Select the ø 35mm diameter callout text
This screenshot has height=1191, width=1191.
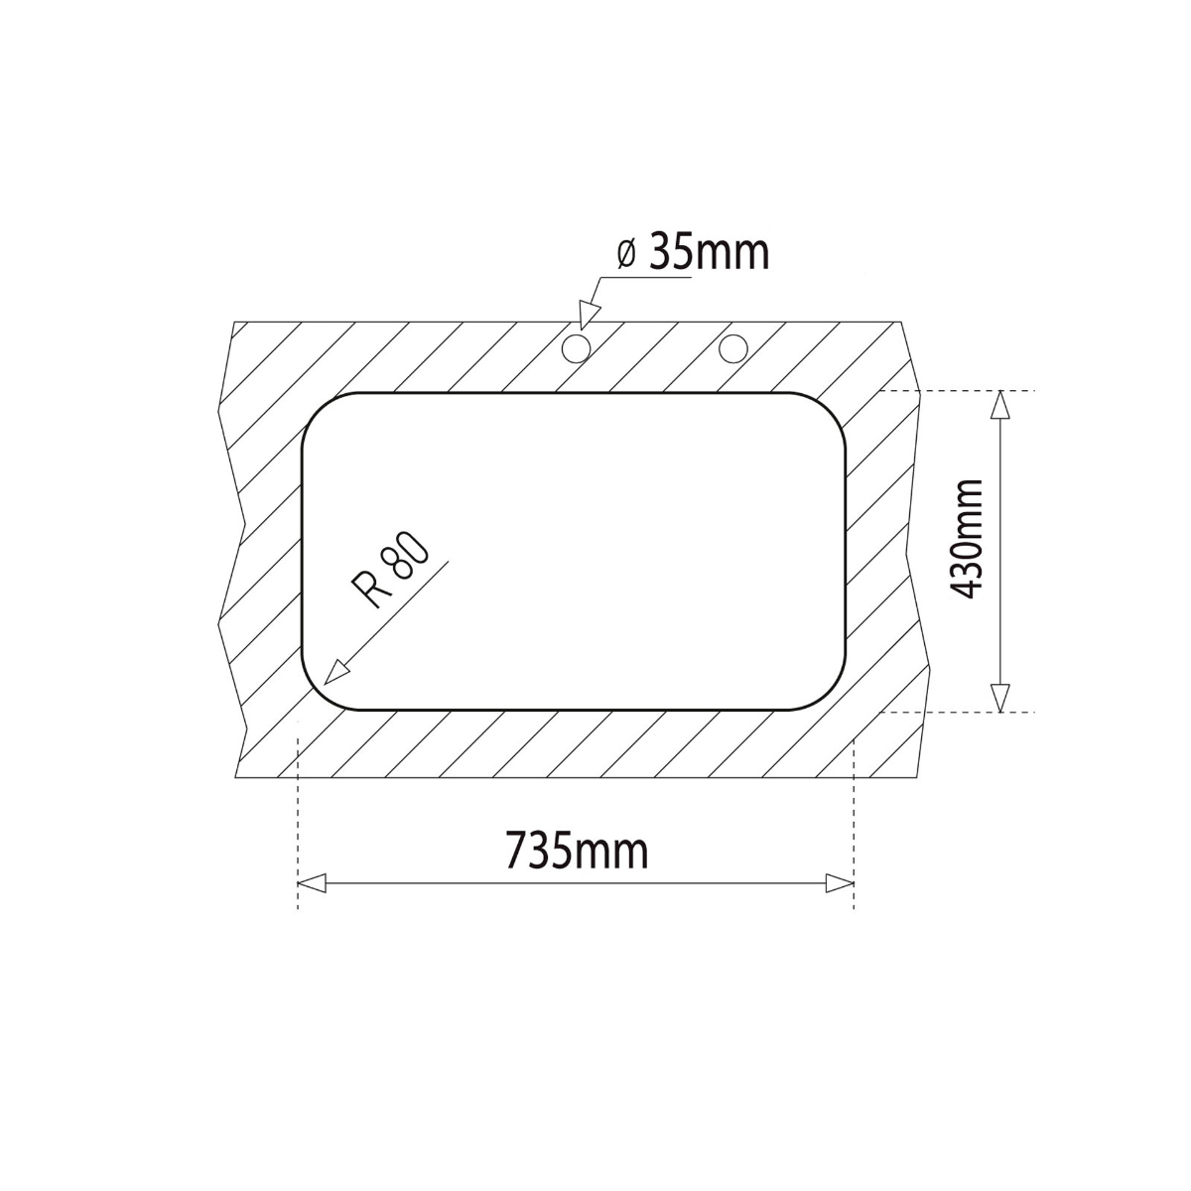(x=693, y=253)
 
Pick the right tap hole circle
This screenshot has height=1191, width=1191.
(x=733, y=347)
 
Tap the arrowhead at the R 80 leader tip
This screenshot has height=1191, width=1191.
(x=337, y=672)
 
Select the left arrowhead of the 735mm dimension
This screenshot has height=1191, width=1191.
(x=312, y=882)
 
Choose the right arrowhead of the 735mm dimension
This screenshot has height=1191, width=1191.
(x=840, y=882)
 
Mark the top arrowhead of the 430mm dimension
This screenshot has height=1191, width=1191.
(x=1000, y=404)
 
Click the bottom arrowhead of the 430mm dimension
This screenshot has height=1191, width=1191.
(x=1000, y=698)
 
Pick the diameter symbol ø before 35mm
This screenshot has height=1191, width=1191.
(x=626, y=255)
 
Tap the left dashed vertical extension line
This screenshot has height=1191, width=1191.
(x=298, y=814)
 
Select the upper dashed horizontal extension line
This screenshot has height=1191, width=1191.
(x=953, y=391)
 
